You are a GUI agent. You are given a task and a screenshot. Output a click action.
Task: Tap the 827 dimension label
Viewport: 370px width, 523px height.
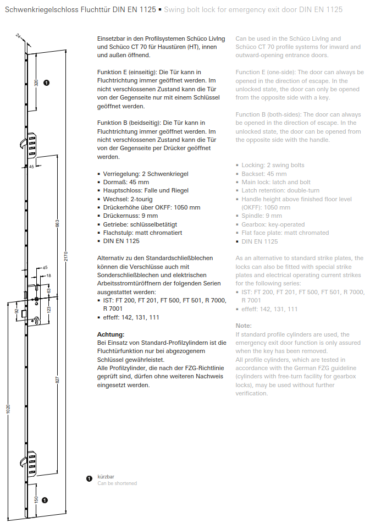pos(57,379)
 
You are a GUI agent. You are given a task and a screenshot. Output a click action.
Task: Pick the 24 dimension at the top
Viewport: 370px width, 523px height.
pos(18,36)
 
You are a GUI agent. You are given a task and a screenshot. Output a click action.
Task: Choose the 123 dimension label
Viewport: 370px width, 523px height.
pos(48,310)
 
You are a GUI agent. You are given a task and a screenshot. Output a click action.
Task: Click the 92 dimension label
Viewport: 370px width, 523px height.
pos(16,311)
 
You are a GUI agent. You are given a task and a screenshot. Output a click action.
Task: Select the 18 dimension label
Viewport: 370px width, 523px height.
pos(48,276)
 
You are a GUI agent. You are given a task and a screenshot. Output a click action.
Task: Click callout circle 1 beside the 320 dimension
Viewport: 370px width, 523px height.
pos(46,82)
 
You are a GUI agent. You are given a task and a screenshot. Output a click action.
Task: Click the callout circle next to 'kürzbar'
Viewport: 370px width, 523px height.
pos(89,479)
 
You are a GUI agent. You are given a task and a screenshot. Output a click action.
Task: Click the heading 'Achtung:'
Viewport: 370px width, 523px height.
pos(111,334)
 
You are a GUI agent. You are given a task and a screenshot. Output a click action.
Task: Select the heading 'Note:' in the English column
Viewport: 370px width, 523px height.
pos(243,326)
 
